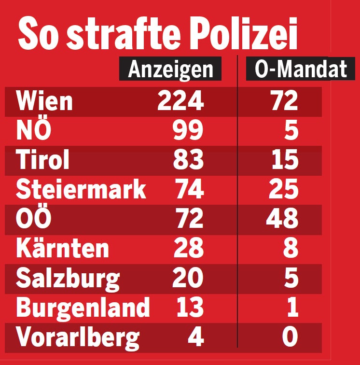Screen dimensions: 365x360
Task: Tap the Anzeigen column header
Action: pyautogui.click(x=170, y=70)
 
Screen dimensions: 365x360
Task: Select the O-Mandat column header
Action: pyautogui.click(x=301, y=70)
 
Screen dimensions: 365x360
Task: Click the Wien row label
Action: pyautogui.click(x=44, y=101)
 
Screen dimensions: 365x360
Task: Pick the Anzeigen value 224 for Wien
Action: pyautogui.click(x=181, y=101)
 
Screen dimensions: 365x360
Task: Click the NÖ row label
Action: pyautogui.click(x=33, y=131)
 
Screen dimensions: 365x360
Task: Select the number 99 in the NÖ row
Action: pyautogui.click(x=188, y=131)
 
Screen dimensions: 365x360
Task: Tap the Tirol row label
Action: pyautogui.click(x=43, y=160)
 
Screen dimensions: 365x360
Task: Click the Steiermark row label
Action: pyautogui.click(x=81, y=190)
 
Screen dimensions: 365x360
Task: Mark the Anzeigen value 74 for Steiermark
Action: pyautogui.click(x=188, y=190)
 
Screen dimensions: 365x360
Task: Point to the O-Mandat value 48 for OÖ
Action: pyautogui.click(x=282, y=219)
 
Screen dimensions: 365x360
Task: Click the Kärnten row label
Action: pyautogui.click(x=62, y=249)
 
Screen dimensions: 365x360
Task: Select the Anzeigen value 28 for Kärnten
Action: pyautogui.click(x=188, y=249)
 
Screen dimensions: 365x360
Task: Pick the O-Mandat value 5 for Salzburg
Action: pyautogui.click(x=291, y=279)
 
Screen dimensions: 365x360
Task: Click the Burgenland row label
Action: pyautogui.click(x=83, y=308)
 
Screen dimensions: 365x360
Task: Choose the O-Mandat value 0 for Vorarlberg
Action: pyautogui.click(x=290, y=337)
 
